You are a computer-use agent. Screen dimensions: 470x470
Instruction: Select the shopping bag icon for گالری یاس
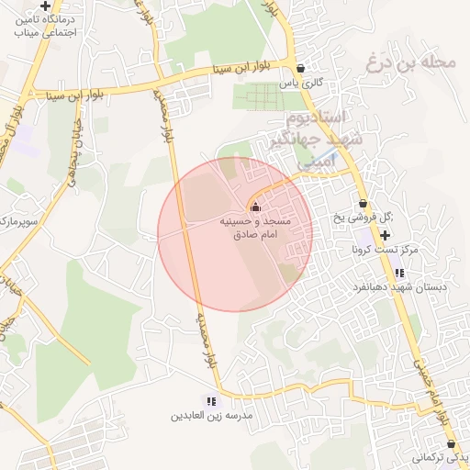click(300, 67)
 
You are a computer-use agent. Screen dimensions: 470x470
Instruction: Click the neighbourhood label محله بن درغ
click(410, 63)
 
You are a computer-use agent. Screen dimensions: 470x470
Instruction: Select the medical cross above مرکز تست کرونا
click(385, 236)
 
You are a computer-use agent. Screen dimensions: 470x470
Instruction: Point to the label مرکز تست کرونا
click(385, 250)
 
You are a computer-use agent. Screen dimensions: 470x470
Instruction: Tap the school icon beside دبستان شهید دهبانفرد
click(399, 273)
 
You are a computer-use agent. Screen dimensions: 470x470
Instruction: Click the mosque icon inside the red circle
click(255, 208)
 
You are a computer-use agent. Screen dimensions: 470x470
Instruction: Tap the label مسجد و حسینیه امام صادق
click(254, 228)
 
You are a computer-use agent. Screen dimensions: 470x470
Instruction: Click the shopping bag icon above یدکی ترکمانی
click(451, 442)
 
